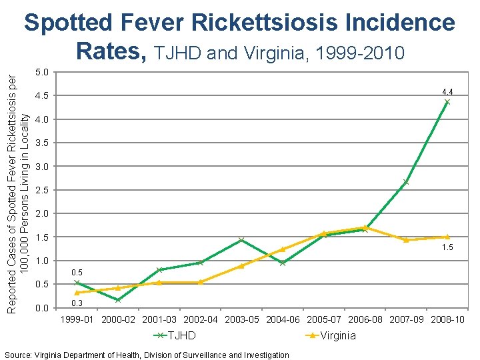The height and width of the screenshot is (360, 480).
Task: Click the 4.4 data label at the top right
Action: tap(447, 91)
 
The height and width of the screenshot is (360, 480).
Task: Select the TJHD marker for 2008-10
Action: tap(447, 102)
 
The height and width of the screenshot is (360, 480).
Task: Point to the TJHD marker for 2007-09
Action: tap(405, 182)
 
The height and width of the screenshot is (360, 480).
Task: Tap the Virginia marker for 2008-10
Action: tap(447, 237)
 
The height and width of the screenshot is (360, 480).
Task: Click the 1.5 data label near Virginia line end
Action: tap(447, 249)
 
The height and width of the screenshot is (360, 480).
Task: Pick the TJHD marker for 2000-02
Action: tap(117, 300)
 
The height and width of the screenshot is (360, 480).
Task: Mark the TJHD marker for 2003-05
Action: tap(241, 240)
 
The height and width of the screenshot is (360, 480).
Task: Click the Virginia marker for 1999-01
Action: tap(77, 293)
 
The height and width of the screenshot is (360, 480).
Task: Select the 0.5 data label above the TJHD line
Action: tap(77, 273)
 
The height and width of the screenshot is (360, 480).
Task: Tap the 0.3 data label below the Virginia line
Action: tap(77, 304)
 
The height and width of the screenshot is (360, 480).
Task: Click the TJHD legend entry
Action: tap(175, 335)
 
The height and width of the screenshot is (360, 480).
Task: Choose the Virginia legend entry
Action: tap(331, 335)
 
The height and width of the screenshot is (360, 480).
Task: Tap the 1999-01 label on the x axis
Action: tap(77, 320)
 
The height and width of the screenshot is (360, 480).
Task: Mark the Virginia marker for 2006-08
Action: tap(365, 227)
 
